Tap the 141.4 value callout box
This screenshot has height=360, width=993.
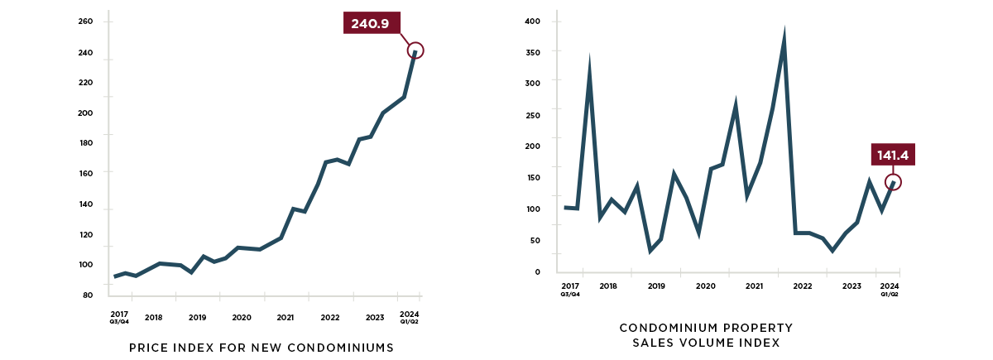click(895, 155)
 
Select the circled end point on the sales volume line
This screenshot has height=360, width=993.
click(893, 182)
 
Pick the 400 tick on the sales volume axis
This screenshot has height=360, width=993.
click(533, 22)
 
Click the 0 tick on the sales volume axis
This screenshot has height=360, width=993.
click(536, 271)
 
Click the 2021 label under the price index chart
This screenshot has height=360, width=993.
click(285, 318)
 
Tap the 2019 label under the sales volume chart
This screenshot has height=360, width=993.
click(656, 286)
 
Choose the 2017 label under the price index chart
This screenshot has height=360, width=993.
click(119, 314)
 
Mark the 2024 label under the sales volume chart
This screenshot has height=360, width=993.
click(890, 286)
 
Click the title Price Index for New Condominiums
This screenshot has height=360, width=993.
click(261, 348)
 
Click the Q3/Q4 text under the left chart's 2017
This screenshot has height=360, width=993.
click(119, 322)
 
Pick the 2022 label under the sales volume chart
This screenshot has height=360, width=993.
click(802, 286)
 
